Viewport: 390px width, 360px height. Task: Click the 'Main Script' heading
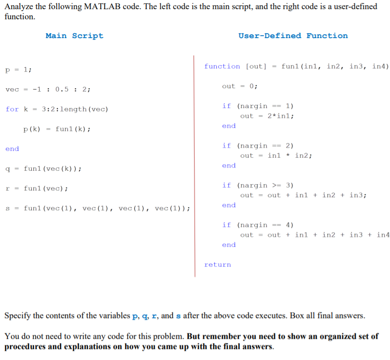(74, 36)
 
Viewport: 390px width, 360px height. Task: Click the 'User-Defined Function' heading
(293, 36)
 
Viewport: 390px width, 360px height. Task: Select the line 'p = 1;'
(19, 69)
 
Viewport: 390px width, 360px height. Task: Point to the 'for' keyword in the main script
(12, 109)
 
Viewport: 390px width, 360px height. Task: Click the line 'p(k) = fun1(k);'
(57, 129)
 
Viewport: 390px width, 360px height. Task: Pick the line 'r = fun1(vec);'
(37, 188)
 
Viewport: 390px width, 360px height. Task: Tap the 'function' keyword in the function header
(222, 67)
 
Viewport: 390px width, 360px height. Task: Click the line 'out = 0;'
(240, 86)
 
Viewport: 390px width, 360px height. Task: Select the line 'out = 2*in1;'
(267, 116)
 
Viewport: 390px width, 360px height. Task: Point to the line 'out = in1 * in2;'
(276, 156)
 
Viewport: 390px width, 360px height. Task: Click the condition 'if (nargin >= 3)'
(258, 186)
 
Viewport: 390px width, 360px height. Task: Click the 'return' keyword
(218, 265)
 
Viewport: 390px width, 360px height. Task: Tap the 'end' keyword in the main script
(12, 149)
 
